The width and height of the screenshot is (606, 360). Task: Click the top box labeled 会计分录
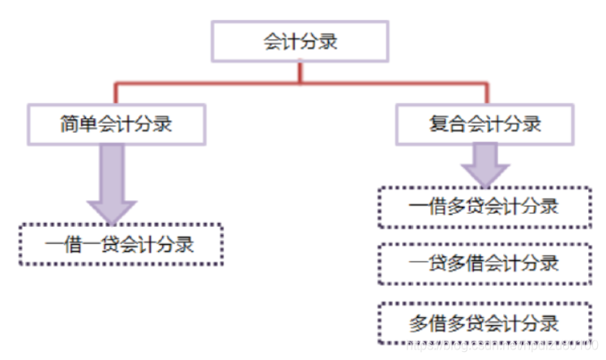pyautogui.click(x=301, y=41)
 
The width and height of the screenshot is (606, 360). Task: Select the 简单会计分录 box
pyautogui.click(x=116, y=124)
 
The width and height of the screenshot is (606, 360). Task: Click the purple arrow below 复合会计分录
pyautogui.click(x=484, y=165)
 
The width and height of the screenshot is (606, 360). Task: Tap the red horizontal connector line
pyautogui.click(x=203, y=83)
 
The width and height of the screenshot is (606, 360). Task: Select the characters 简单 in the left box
pyautogui.click(x=79, y=124)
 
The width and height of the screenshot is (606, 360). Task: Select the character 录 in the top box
pyautogui.click(x=328, y=41)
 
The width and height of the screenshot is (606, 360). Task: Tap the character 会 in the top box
pyautogui.click(x=273, y=41)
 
